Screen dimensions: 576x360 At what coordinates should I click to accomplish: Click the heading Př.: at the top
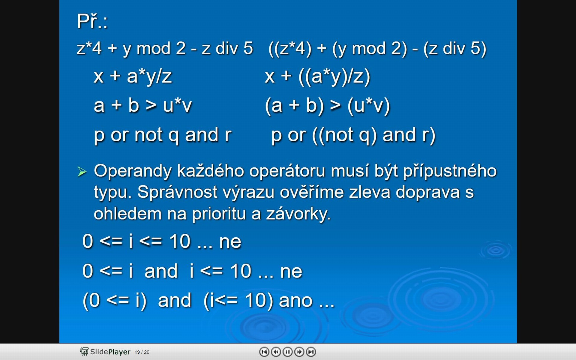[92, 21]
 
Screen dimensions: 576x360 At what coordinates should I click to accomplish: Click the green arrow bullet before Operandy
[82, 172]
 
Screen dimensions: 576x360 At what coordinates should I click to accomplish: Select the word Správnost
[177, 192]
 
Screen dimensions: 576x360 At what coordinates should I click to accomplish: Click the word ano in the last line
[296, 301]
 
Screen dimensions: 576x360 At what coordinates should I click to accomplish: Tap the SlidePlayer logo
[105, 352]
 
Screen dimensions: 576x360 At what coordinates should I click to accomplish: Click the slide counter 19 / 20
[142, 352]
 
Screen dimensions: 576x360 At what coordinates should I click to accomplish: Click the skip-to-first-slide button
[264, 352]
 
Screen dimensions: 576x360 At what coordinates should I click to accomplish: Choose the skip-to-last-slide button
[311, 352]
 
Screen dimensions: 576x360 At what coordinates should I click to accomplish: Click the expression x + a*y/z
[133, 76]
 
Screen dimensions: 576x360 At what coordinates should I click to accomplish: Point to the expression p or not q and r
[163, 135]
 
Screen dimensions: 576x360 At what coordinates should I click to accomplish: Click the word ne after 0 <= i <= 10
[230, 242]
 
